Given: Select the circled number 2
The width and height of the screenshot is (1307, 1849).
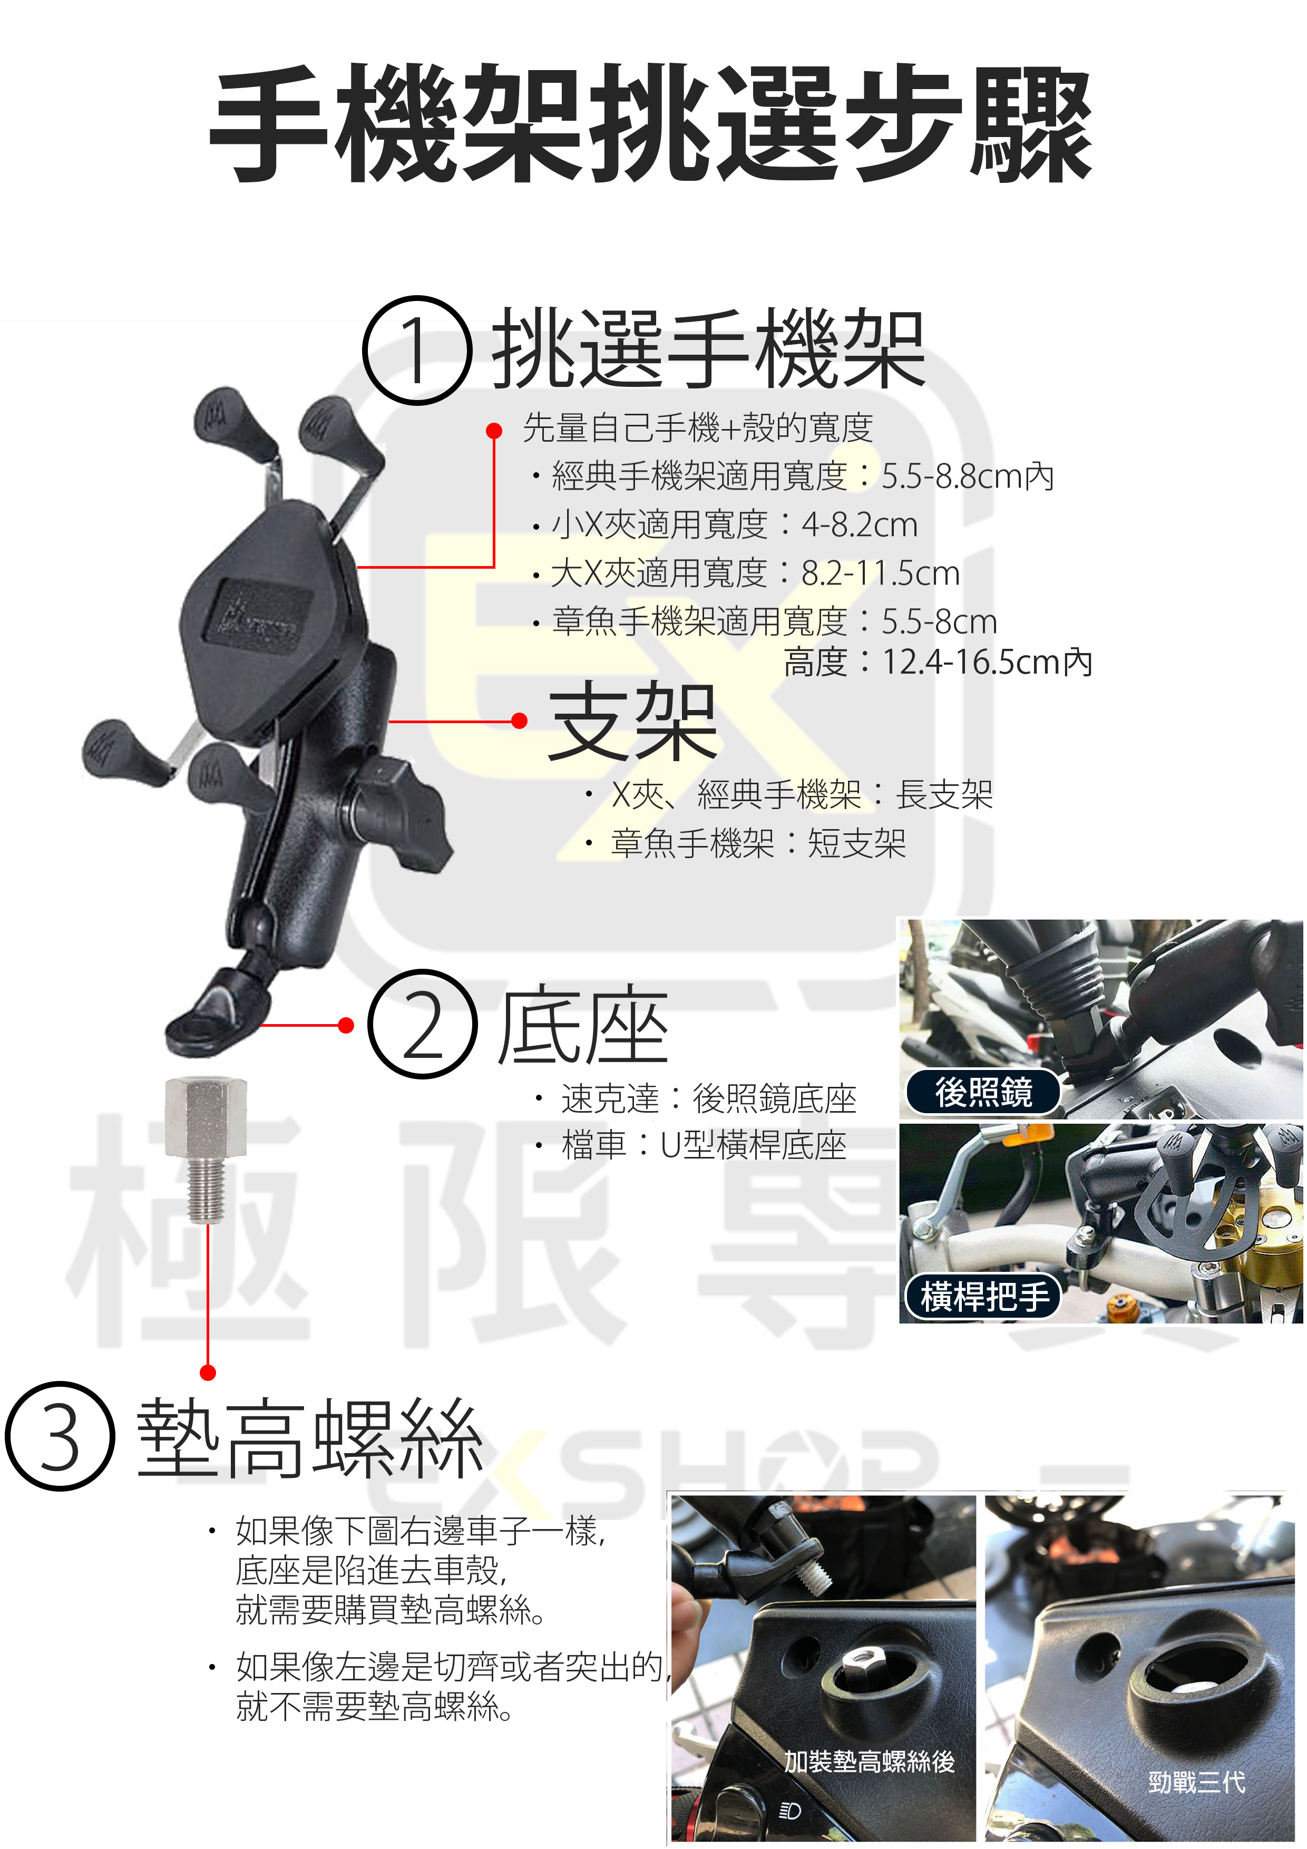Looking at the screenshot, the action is click(422, 1024).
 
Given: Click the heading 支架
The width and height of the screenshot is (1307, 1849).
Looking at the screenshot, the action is click(632, 721).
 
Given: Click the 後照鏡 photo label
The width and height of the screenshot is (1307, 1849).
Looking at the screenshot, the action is click(983, 1092).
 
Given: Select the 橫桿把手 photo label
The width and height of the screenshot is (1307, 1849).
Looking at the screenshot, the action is click(984, 1297).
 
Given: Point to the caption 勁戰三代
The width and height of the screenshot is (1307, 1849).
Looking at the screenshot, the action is click(1197, 1782).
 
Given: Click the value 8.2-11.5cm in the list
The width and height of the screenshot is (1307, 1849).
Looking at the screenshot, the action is click(880, 573).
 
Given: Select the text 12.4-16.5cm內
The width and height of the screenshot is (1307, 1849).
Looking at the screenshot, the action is click(987, 662).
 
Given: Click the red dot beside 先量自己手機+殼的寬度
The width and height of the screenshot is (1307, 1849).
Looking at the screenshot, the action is click(494, 431).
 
